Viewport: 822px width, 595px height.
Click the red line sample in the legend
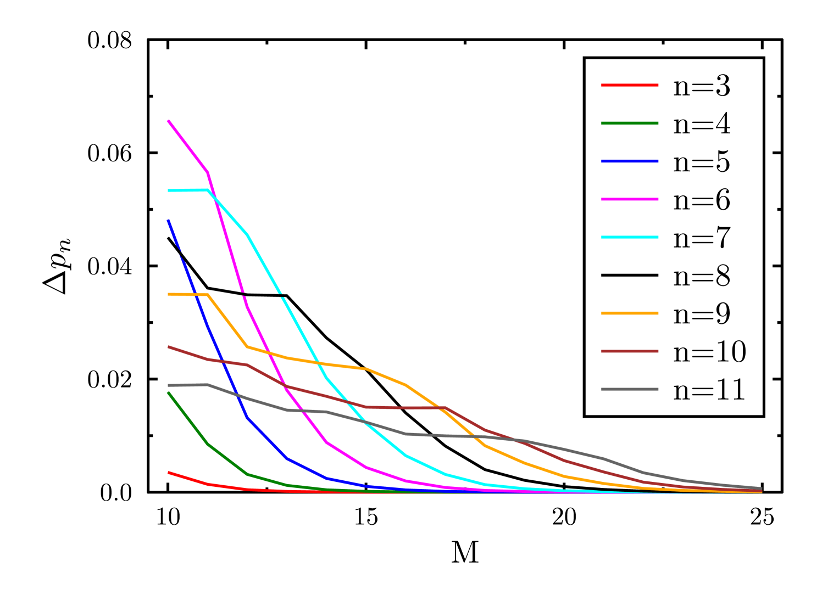pos(630,85)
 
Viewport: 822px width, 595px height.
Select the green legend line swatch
pos(630,124)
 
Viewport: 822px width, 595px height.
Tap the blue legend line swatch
pos(630,161)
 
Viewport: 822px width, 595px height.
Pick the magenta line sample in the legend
pos(630,199)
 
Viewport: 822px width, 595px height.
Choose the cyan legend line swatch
pos(630,237)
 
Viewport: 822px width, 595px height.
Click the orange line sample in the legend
pos(630,313)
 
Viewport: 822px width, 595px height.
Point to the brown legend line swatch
pos(630,351)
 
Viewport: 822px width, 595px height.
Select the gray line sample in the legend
pos(630,389)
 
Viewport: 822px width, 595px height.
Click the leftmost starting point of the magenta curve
pos(168,121)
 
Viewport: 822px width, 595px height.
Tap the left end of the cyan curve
pos(168,190)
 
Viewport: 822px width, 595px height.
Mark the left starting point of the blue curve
pos(168,221)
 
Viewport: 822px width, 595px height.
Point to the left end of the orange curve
pos(168,294)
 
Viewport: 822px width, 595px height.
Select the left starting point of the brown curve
pos(168,347)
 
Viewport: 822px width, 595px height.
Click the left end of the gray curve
pos(168,385)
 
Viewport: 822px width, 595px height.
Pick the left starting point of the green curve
pos(168,393)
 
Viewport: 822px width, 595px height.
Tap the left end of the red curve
pos(168,473)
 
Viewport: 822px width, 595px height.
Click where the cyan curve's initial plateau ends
pos(208,190)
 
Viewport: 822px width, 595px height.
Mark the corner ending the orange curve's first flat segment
pos(207,295)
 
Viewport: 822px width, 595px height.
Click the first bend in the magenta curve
pos(207,172)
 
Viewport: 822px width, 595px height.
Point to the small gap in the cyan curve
pos(282,295)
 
